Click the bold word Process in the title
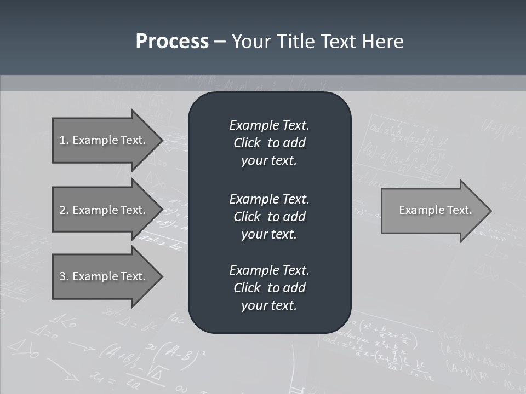[x=172, y=42]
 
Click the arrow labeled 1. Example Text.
[x=102, y=140]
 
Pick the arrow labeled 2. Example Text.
[x=102, y=210]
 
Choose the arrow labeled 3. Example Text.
[x=102, y=276]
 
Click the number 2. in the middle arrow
[x=64, y=210]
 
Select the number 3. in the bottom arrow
[x=64, y=276]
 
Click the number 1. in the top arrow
[x=64, y=140]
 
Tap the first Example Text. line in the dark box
[x=269, y=125]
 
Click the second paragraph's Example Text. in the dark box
[x=269, y=199]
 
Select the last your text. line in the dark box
[x=269, y=305]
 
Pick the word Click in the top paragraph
[x=247, y=143]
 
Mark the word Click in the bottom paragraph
[x=247, y=288]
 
